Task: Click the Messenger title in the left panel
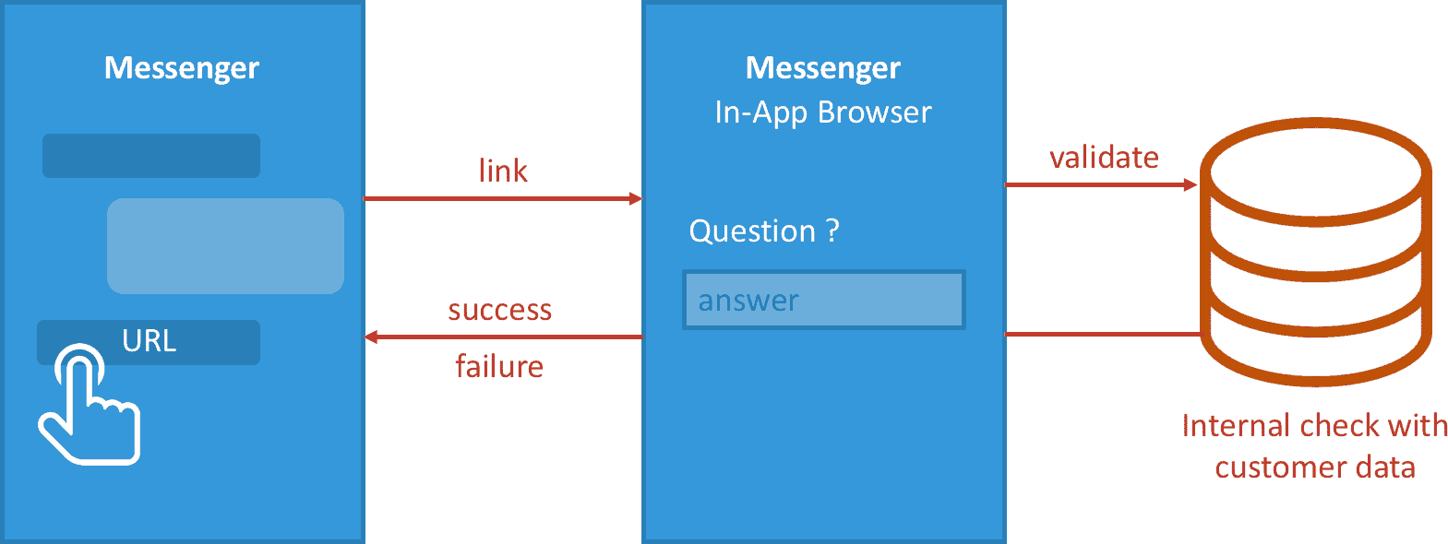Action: pos(182,68)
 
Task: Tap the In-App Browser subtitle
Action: pos(823,112)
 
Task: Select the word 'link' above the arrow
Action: pos(503,171)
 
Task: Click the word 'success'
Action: pos(499,310)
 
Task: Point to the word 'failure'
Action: pos(499,366)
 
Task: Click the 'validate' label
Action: pos(1104,157)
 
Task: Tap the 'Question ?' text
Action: pos(764,231)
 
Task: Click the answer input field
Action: pos(823,300)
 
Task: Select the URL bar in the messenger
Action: pos(149,342)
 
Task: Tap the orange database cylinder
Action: pos(1315,252)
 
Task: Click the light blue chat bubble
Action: pos(225,246)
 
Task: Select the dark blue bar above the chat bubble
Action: pos(151,156)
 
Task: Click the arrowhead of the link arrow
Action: pos(636,198)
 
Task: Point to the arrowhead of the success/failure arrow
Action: pos(371,337)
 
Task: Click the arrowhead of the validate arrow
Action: pos(1191,184)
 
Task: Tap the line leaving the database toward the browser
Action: pos(1103,334)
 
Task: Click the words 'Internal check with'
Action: pos(1314,426)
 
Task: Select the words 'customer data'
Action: pos(1315,467)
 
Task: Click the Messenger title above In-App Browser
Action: pos(823,68)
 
